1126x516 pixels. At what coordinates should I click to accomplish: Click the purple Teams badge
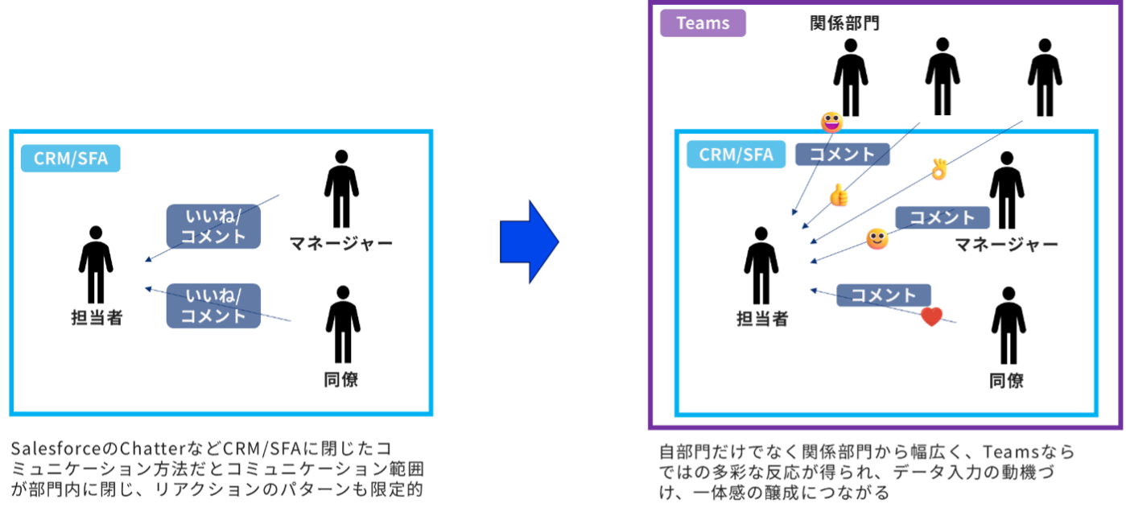(x=703, y=23)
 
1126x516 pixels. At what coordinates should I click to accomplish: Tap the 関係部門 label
(x=844, y=23)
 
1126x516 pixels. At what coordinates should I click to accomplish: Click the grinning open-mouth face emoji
(x=832, y=122)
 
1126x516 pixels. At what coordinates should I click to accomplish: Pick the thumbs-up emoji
(x=839, y=196)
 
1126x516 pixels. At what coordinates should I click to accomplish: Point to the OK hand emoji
(x=939, y=169)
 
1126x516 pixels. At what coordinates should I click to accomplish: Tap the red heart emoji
(x=931, y=317)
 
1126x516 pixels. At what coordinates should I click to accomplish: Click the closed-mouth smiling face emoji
(x=877, y=239)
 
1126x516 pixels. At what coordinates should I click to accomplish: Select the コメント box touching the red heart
(x=884, y=295)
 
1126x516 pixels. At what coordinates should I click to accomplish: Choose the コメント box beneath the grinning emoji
(x=842, y=155)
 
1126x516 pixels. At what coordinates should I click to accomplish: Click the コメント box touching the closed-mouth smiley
(x=942, y=217)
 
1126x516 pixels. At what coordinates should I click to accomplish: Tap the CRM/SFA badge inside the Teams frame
(x=736, y=154)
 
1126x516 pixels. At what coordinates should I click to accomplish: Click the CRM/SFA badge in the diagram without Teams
(x=71, y=159)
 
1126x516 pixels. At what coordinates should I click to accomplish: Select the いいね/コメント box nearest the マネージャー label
(x=213, y=226)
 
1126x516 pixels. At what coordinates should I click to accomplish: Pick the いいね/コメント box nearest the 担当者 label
(x=213, y=306)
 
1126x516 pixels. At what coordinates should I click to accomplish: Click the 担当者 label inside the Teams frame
(x=762, y=320)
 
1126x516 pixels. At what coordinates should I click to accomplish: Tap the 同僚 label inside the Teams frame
(x=1006, y=381)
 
